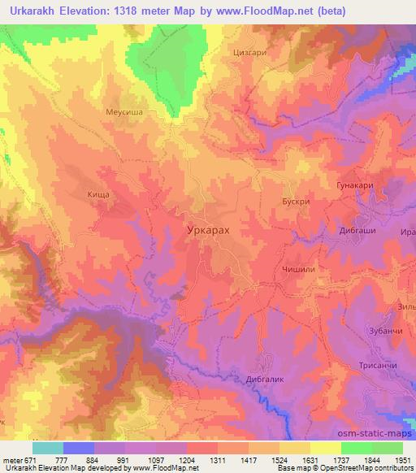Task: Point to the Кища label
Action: click(x=97, y=195)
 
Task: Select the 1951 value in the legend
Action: click(x=403, y=459)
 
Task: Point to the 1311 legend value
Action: click(x=218, y=459)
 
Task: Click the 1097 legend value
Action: click(x=156, y=459)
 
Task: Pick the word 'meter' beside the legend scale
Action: click(x=12, y=459)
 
